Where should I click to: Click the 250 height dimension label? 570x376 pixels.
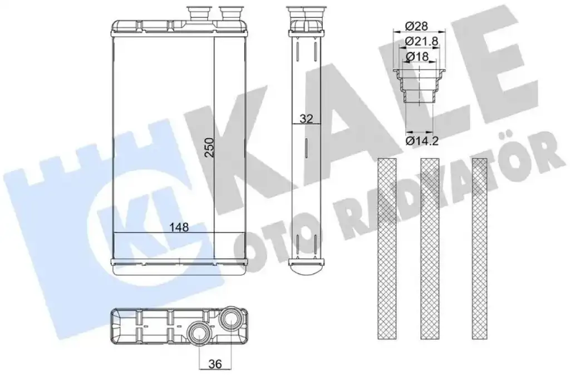(x=209, y=147)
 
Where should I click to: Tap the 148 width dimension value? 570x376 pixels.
(x=179, y=227)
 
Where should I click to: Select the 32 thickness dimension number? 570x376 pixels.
(x=307, y=119)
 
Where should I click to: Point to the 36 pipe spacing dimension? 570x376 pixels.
(x=215, y=364)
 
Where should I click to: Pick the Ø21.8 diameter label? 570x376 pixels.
(x=422, y=42)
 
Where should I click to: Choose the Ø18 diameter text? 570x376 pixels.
(x=417, y=57)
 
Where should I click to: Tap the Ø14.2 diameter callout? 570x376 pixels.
(x=422, y=140)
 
